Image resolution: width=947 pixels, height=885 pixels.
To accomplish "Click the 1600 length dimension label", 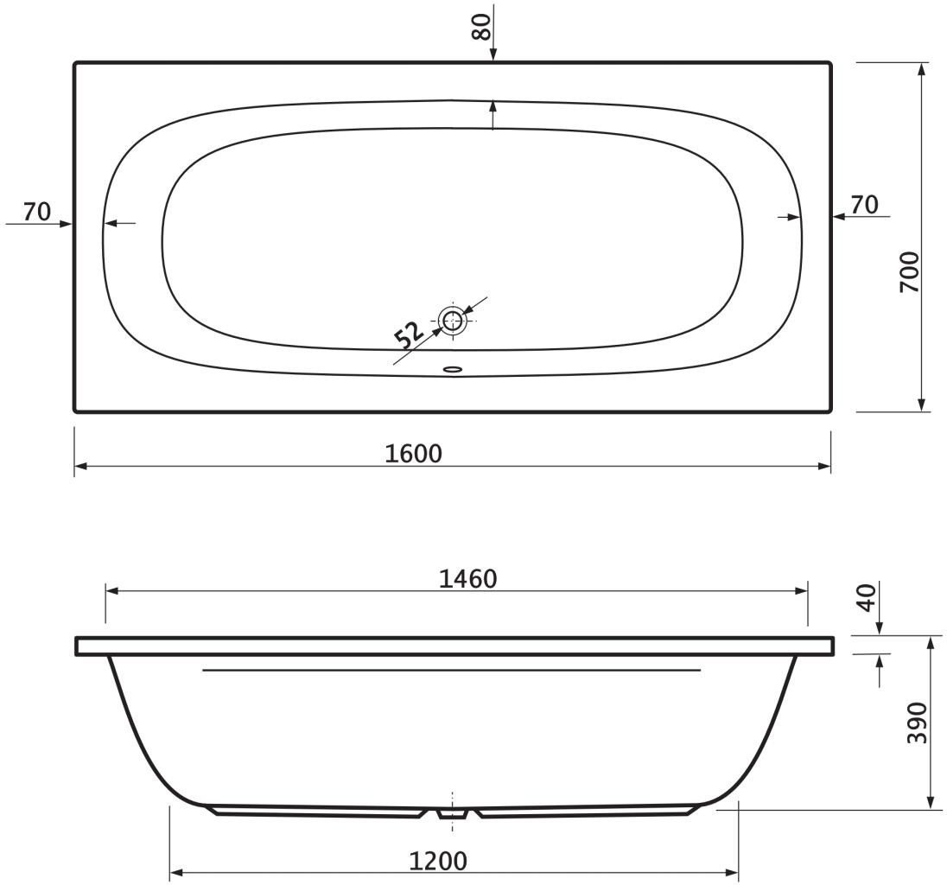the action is tap(413, 453).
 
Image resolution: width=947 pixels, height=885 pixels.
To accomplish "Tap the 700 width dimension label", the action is tap(909, 272).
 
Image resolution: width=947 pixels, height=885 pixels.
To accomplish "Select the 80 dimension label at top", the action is tap(481, 27).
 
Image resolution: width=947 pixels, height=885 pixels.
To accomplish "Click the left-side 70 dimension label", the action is tap(37, 212).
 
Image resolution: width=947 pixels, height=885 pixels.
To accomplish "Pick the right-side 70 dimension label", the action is tap(864, 205).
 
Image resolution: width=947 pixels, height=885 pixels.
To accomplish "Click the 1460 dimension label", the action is tap(467, 579).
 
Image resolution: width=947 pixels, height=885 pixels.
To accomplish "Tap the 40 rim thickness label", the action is tap(868, 597).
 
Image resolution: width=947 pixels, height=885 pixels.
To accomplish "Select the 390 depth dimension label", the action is tap(917, 723).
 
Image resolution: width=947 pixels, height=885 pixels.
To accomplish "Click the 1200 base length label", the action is tap(438, 861).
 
